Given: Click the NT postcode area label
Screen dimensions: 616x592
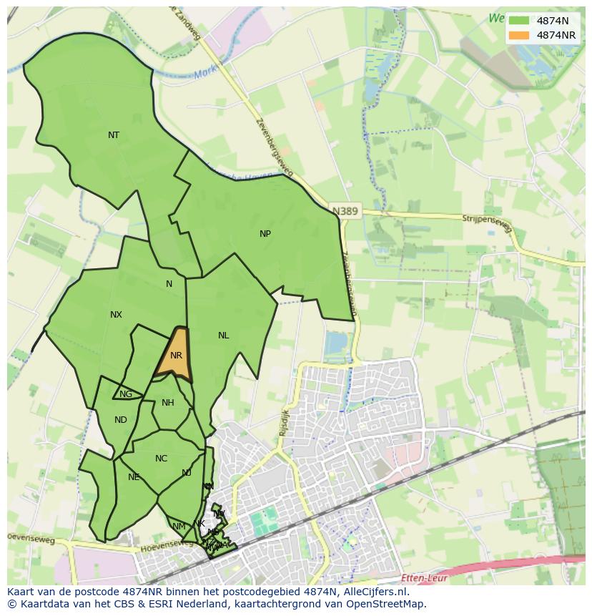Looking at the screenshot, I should point(114,135).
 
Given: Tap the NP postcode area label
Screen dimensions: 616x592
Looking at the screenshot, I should point(265,234).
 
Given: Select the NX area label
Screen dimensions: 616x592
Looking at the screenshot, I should point(116,315).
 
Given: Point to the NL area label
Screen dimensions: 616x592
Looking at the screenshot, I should point(224,336).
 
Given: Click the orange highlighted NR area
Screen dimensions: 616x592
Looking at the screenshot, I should point(176,356).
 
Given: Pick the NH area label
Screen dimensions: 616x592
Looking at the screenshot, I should point(168,403).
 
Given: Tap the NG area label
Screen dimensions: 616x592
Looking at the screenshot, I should point(126,394).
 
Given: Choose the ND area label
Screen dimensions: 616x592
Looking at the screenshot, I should point(120,420).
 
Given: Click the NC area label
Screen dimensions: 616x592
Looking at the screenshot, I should point(161,459).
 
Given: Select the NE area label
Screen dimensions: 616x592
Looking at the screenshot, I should point(134,477).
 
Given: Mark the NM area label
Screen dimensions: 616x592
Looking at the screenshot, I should point(179,527).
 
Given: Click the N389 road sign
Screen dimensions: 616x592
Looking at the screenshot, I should point(346,211).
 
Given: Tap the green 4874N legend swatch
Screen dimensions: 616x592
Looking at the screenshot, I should point(520,21).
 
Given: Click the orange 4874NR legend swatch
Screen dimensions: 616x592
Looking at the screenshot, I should point(520,35).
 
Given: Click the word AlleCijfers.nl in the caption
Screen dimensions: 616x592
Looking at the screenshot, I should point(375,592).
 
